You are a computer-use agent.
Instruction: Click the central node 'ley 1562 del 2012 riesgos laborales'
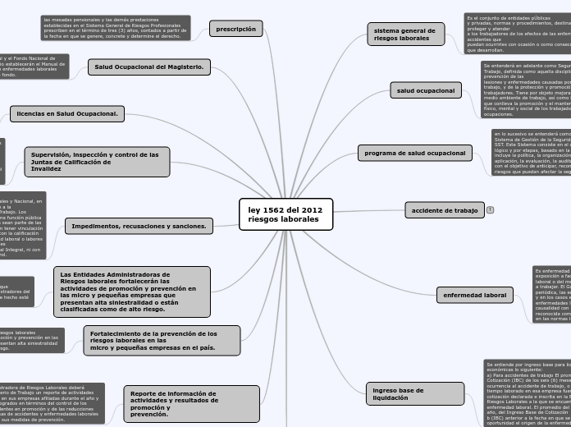click(285, 215)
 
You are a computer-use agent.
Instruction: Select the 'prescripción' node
click(236, 30)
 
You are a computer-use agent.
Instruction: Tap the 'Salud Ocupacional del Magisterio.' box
click(149, 67)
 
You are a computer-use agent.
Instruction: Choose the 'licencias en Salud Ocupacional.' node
click(67, 114)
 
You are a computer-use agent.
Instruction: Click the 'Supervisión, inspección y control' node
click(97, 162)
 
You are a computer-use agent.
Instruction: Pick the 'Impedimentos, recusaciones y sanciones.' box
click(139, 226)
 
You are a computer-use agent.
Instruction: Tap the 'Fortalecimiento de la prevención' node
click(162, 340)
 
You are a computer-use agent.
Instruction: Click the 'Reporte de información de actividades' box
click(190, 404)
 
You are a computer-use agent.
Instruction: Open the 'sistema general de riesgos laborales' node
click(405, 34)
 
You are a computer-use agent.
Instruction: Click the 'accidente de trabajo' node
click(445, 210)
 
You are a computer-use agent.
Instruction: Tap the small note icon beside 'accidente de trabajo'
click(490, 210)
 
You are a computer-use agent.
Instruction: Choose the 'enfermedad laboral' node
click(475, 295)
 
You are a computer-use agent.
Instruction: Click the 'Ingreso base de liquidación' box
click(404, 394)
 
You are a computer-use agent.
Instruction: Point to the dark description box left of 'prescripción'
click(115, 28)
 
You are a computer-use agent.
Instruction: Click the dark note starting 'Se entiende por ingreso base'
click(527, 393)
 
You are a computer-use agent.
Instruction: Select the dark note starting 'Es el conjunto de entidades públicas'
click(517, 34)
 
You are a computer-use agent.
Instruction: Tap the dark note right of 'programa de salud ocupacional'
click(532, 153)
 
